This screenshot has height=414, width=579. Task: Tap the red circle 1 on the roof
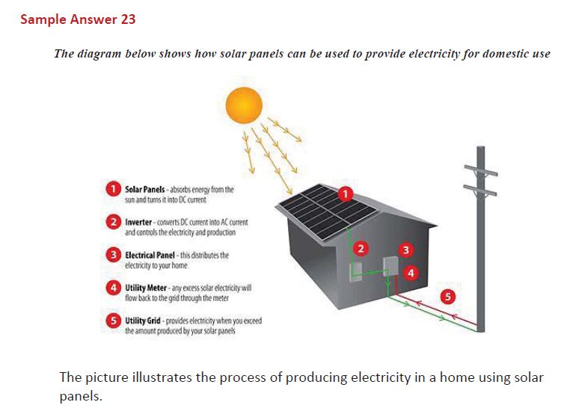pos(345,195)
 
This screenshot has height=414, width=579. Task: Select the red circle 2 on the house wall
pos(361,248)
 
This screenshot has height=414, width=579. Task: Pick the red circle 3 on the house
pos(406,249)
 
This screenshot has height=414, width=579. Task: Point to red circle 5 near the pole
pos(448,297)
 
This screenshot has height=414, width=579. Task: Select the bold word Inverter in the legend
pos(140,223)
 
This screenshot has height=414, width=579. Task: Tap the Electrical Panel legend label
pos(150,255)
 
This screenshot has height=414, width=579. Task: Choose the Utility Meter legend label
pos(147,288)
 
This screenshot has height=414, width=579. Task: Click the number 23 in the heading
pos(127,19)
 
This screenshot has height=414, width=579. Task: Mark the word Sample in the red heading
pos(43,19)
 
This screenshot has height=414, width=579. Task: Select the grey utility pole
pos(480,247)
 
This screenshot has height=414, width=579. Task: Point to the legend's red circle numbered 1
pos(112,190)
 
